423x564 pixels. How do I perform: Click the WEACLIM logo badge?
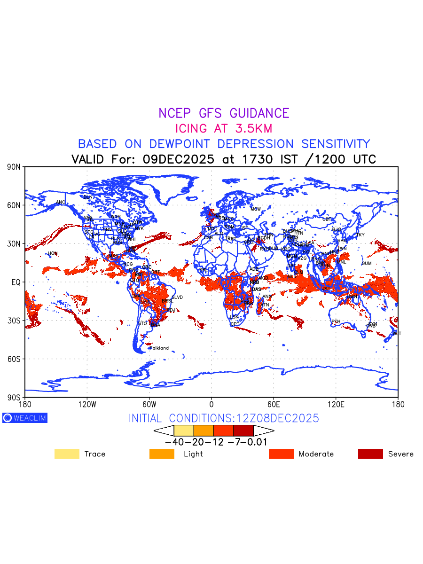(25, 418)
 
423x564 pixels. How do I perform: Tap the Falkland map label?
(159, 348)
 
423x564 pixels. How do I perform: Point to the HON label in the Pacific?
(52, 253)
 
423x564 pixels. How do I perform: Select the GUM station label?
(367, 263)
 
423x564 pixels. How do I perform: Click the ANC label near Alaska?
(61, 203)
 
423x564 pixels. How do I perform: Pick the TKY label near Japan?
(360, 235)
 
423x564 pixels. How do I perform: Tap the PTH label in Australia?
(336, 321)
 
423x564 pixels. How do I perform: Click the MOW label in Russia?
(255, 209)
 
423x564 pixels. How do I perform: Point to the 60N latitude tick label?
(14, 205)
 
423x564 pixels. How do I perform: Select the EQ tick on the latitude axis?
(16, 282)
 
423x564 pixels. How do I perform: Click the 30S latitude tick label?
(14, 321)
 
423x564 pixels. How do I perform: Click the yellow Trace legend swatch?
(67, 454)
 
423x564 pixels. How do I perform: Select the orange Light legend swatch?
(162, 454)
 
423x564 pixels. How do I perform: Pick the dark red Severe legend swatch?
(370, 454)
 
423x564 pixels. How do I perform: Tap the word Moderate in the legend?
(316, 454)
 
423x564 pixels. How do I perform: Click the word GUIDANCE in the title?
(259, 113)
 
